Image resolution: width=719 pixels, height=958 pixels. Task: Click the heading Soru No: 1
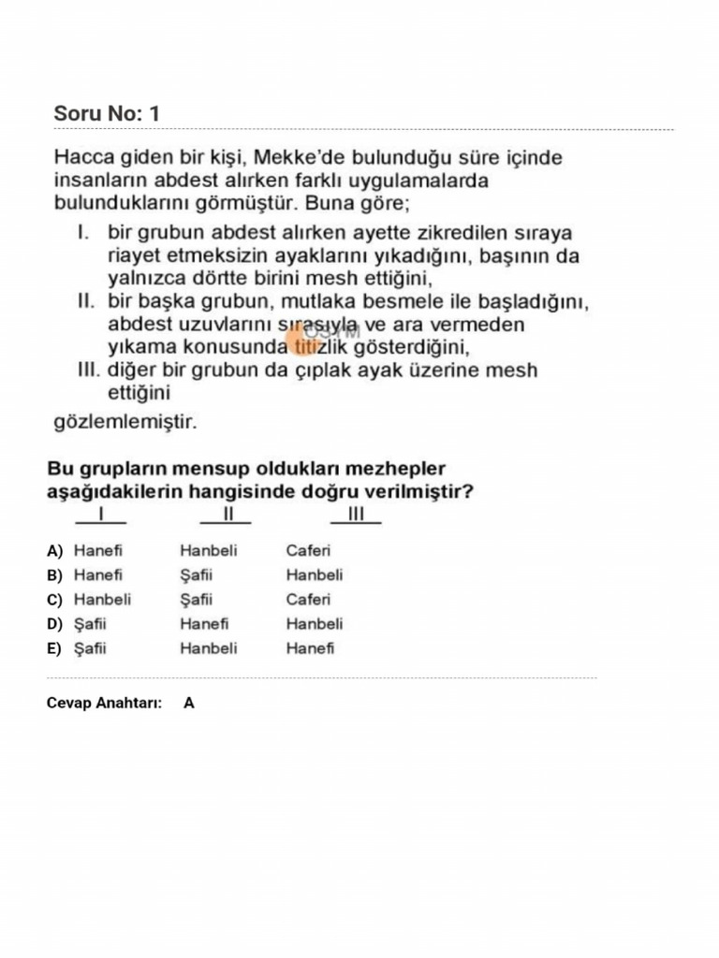pos(107,113)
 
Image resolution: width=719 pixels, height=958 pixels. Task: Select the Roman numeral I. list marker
pos(82,231)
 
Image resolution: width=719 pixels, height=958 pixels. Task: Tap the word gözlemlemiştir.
pos(125,422)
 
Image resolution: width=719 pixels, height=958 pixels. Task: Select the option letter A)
pos(55,551)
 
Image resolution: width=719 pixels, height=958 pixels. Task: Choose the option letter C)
pos(55,601)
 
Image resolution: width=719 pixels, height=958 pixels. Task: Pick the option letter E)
pos(55,649)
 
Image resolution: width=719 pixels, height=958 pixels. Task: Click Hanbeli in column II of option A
pos(209,551)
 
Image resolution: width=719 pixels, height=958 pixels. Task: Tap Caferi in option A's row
pos(308,551)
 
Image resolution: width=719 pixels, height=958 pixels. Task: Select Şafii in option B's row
pos(197,575)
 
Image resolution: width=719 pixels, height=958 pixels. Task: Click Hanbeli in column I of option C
pos(103,600)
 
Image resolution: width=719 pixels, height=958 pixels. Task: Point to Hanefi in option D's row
pos(204,624)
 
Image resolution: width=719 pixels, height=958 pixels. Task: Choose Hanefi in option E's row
pos(310,648)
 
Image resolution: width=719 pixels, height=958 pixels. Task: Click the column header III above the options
pos(356,514)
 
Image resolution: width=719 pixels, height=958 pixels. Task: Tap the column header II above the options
pos(226,514)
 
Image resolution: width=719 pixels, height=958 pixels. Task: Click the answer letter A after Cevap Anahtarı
pos(189,703)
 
